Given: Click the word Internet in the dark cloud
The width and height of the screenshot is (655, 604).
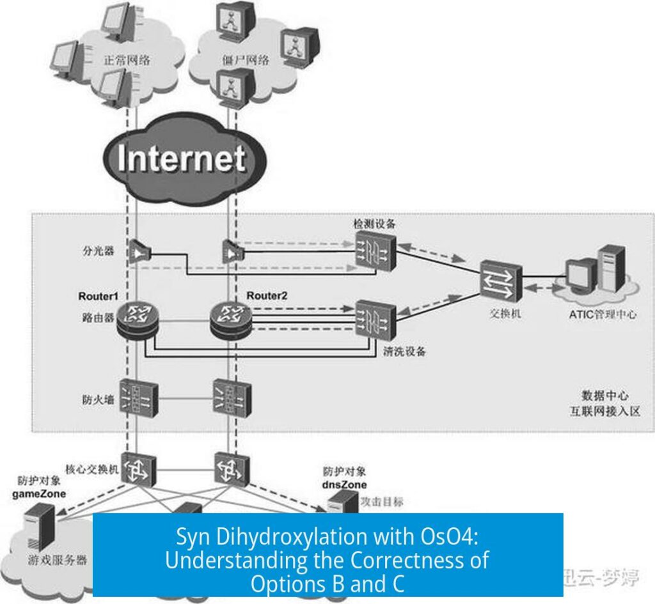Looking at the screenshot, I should click(182, 158).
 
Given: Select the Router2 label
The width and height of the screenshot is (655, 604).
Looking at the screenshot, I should click(268, 296).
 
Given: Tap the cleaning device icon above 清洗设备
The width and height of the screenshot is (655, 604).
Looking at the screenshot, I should click(375, 316).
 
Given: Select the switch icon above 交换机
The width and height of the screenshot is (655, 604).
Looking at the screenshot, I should click(501, 281).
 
